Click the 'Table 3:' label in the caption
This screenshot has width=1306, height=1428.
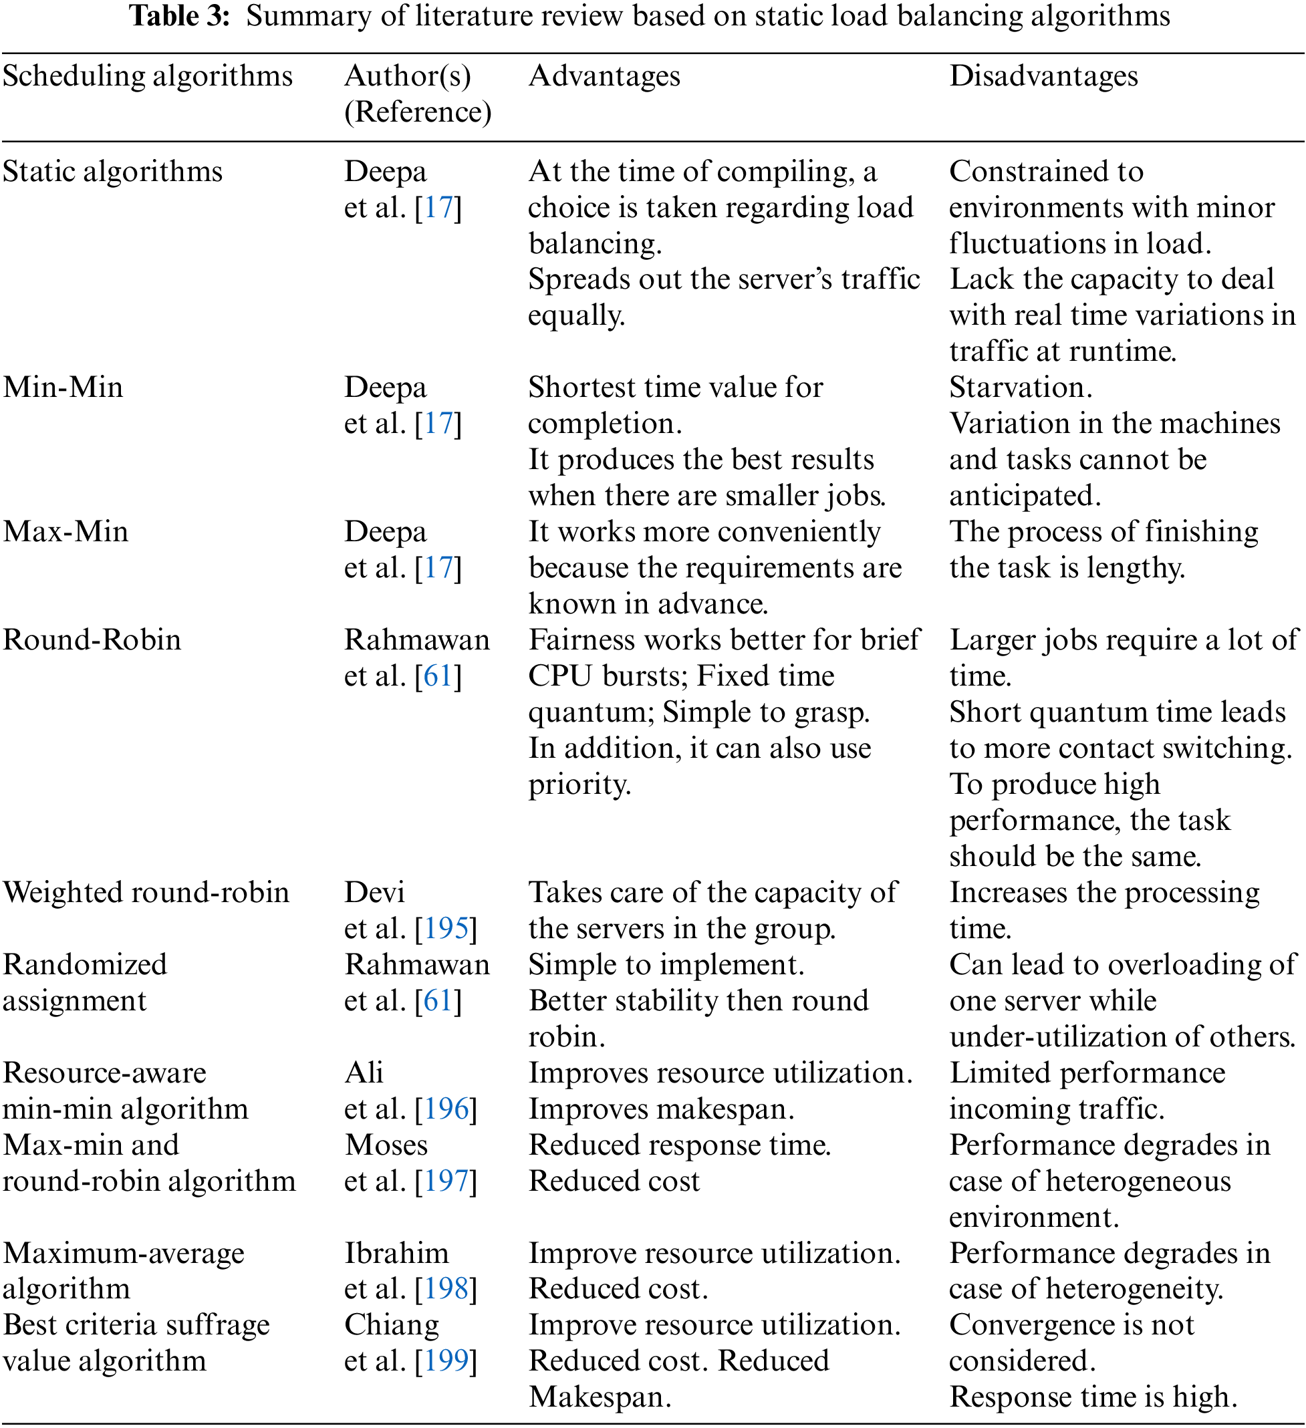[180, 15]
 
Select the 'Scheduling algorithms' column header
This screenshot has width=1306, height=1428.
[148, 76]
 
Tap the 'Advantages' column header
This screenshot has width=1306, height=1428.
[604, 76]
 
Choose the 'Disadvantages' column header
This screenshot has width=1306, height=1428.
[1043, 76]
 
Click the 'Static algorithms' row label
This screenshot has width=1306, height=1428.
[113, 172]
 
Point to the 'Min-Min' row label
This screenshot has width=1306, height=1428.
[63, 388]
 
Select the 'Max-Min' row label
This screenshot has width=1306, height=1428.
[66, 531]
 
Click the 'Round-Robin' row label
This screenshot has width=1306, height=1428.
[92, 639]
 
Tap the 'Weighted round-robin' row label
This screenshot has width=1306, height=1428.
[146, 893]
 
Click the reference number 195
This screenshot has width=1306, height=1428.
[446, 929]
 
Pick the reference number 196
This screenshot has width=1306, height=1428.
[446, 1109]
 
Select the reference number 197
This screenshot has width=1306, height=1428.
[446, 1181]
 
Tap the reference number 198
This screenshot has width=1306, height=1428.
[446, 1289]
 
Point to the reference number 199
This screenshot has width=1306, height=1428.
[446, 1361]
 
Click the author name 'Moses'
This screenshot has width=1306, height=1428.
[386, 1145]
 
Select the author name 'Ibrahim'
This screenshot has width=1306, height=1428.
[396, 1254]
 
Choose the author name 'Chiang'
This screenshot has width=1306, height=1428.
[391, 1326]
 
